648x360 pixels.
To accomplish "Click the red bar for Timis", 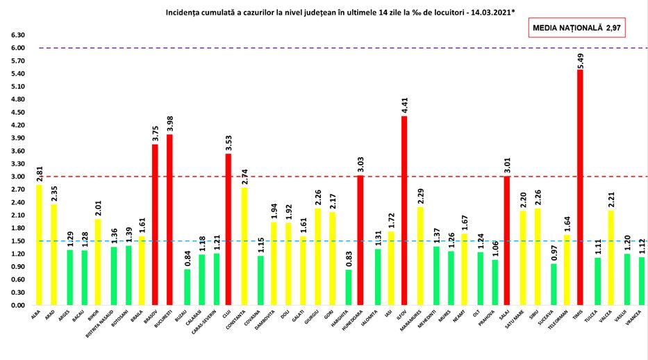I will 580,188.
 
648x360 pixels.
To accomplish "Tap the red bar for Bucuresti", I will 169,220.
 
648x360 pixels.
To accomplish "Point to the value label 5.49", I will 580,58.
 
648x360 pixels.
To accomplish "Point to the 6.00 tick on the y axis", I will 18,48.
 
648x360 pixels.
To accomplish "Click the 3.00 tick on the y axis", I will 18,177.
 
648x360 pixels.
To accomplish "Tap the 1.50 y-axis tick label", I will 18,241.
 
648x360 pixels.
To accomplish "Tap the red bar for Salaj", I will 506,240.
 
